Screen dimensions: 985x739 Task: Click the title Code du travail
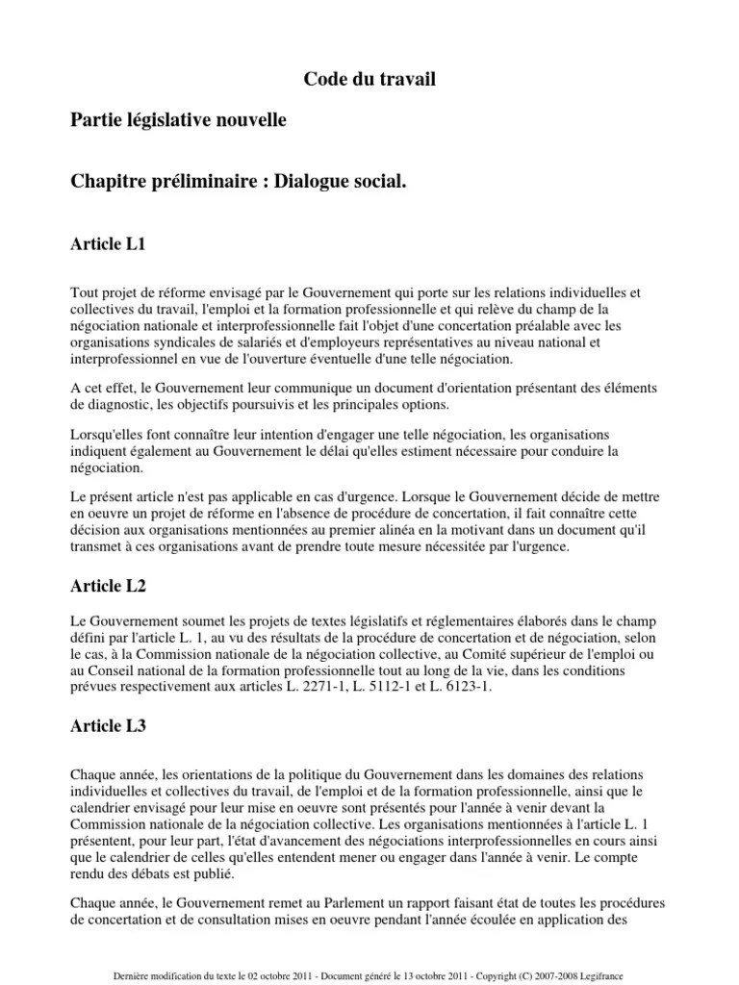tap(369, 80)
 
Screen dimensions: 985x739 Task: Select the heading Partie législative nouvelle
tap(178, 120)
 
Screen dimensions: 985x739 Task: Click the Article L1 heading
tap(109, 244)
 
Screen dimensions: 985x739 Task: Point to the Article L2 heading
tap(109, 585)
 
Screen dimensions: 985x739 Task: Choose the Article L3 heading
tap(109, 727)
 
